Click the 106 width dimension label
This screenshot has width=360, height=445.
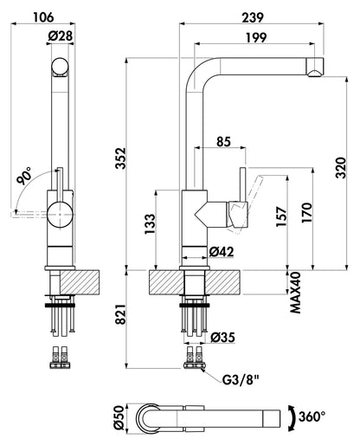43,17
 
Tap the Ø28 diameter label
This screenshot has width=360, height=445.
61,36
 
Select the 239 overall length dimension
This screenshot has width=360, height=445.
253,17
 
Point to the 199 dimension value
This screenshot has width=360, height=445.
256,37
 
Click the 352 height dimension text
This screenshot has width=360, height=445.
120,158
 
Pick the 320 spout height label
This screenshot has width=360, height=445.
341,168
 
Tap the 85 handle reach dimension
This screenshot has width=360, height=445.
224,142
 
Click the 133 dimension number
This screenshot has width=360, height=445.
150,224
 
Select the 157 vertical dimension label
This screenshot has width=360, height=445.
281,216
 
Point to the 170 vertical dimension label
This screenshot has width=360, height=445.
307,213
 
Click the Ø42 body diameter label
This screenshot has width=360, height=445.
222,252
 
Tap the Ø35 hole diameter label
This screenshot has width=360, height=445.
222,337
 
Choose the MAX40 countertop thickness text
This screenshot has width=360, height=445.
295,293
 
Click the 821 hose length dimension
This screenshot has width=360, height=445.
120,314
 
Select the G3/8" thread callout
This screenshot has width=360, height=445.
241,380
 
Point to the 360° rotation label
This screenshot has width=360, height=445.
312,416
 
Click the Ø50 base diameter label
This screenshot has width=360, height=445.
119,417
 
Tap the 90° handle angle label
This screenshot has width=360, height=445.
24,176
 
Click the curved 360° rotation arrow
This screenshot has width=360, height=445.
292,417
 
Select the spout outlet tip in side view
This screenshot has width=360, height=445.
316,73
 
